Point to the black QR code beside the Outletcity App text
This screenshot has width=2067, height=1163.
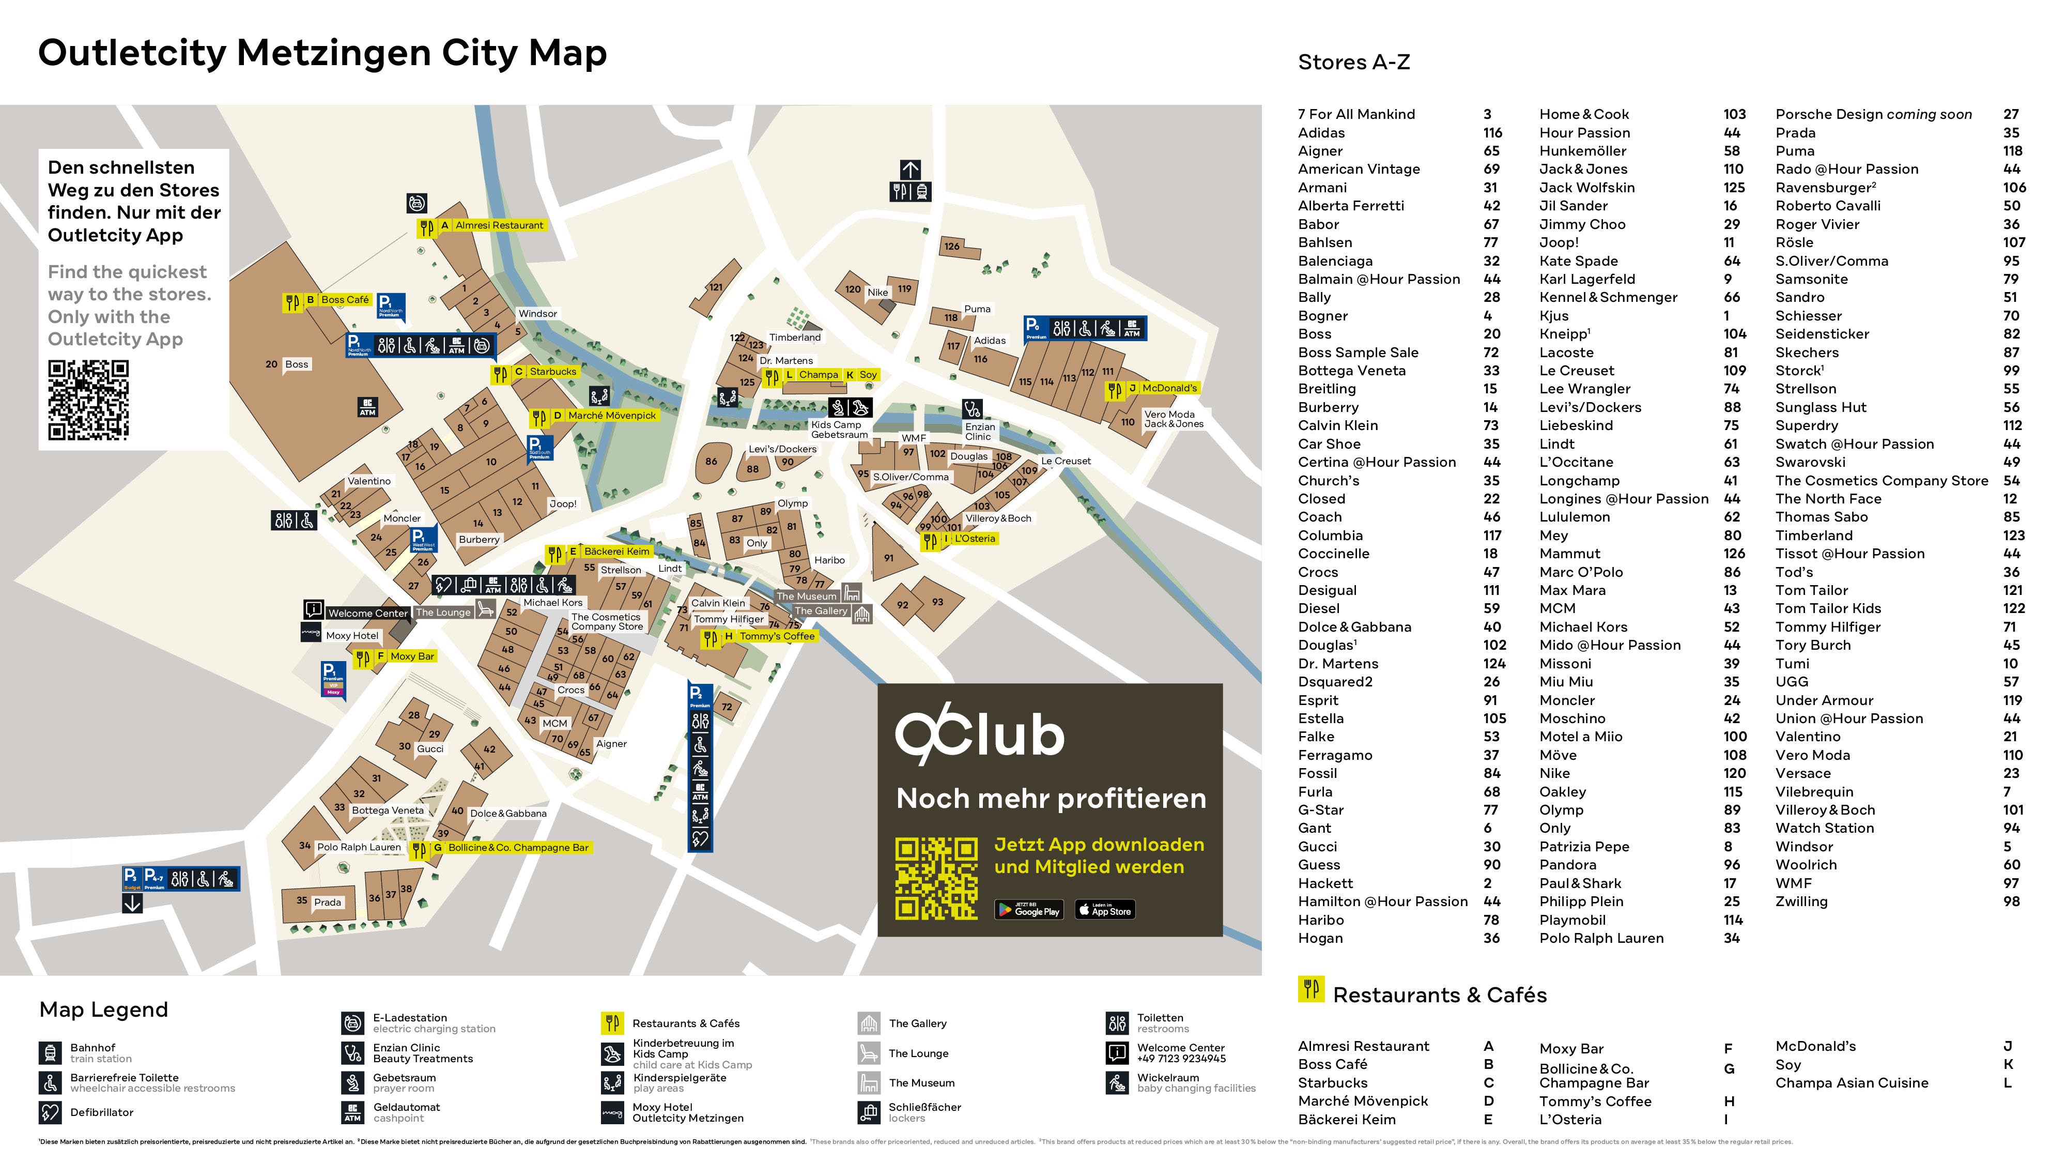[x=88, y=400]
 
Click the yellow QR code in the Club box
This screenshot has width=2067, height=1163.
[x=936, y=878]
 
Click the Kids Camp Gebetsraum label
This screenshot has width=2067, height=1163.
[x=839, y=430]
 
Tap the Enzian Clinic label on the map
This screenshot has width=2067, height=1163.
[x=979, y=432]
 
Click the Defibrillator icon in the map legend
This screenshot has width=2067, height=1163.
[x=50, y=1112]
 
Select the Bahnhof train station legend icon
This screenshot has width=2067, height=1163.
[x=50, y=1053]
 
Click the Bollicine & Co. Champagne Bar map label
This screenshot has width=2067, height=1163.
[x=518, y=848]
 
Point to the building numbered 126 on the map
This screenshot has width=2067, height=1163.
[x=952, y=247]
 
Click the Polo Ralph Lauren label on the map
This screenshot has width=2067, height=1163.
[x=358, y=848]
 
